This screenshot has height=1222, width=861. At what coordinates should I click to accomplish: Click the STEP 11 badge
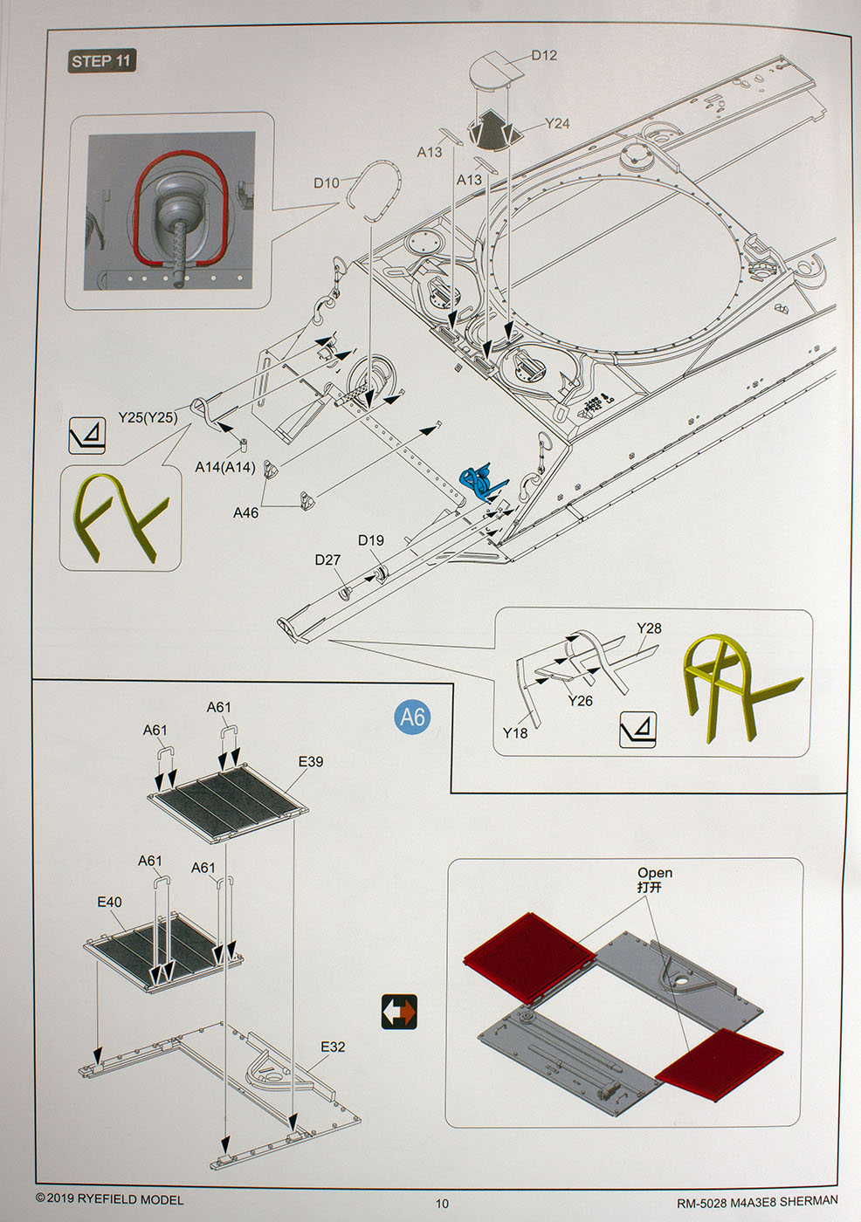pyautogui.click(x=102, y=61)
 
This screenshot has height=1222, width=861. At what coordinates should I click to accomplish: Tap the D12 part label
pyautogui.click(x=543, y=55)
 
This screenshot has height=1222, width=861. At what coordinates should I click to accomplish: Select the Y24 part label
pyautogui.click(x=556, y=124)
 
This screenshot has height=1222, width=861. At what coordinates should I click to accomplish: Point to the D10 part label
pyautogui.click(x=326, y=182)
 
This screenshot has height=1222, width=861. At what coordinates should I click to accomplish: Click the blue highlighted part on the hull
pyautogui.click(x=479, y=482)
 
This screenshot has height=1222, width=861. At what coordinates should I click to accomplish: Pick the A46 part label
pyautogui.click(x=245, y=513)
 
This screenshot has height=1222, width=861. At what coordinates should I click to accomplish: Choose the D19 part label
pyautogui.click(x=370, y=540)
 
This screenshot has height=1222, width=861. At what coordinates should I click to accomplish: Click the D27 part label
pyautogui.click(x=327, y=560)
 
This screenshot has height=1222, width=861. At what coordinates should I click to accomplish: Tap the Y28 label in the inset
pyautogui.click(x=649, y=628)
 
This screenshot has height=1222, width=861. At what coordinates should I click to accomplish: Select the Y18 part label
pyautogui.click(x=515, y=733)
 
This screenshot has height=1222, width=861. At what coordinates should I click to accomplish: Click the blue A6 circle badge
pyautogui.click(x=412, y=717)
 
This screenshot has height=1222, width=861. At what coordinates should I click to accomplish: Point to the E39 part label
pyautogui.click(x=310, y=761)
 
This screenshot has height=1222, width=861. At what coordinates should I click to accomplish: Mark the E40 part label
pyautogui.click(x=109, y=902)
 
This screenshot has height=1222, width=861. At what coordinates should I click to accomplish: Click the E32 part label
pyautogui.click(x=333, y=1047)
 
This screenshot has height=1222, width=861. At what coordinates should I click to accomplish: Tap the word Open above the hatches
pyautogui.click(x=654, y=873)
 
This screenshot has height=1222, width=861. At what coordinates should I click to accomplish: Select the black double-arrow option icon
pyautogui.click(x=399, y=1012)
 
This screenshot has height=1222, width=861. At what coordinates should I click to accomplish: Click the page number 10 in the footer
pyautogui.click(x=443, y=1204)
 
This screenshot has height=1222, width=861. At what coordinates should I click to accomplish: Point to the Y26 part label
pyautogui.click(x=580, y=700)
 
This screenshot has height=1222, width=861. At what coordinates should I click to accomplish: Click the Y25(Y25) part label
pyautogui.click(x=148, y=417)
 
